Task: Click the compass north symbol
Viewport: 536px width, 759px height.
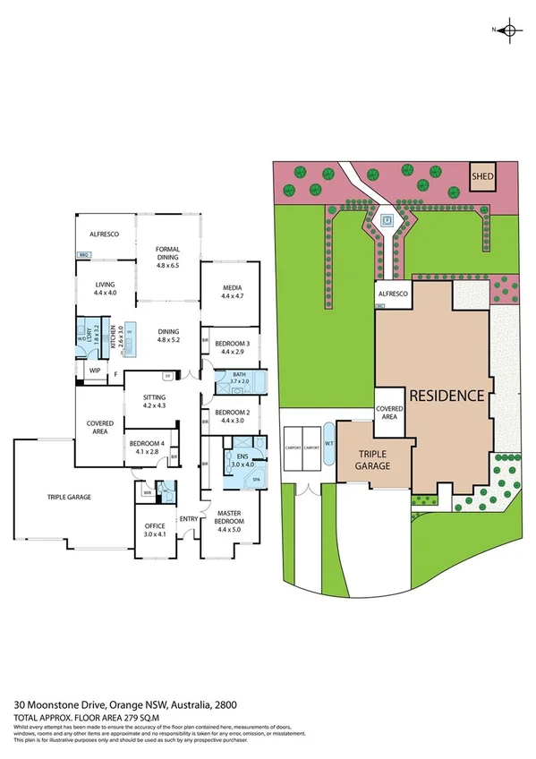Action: (509, 30)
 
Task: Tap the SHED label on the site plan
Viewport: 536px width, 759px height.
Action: (483, 177)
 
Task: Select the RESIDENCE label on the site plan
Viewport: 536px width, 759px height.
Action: (447, 395)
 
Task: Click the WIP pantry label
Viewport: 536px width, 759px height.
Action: (93, 371)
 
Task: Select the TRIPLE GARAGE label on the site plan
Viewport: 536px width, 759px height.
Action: (370, 460)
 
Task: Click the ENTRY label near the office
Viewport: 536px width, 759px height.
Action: (188, 518)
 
